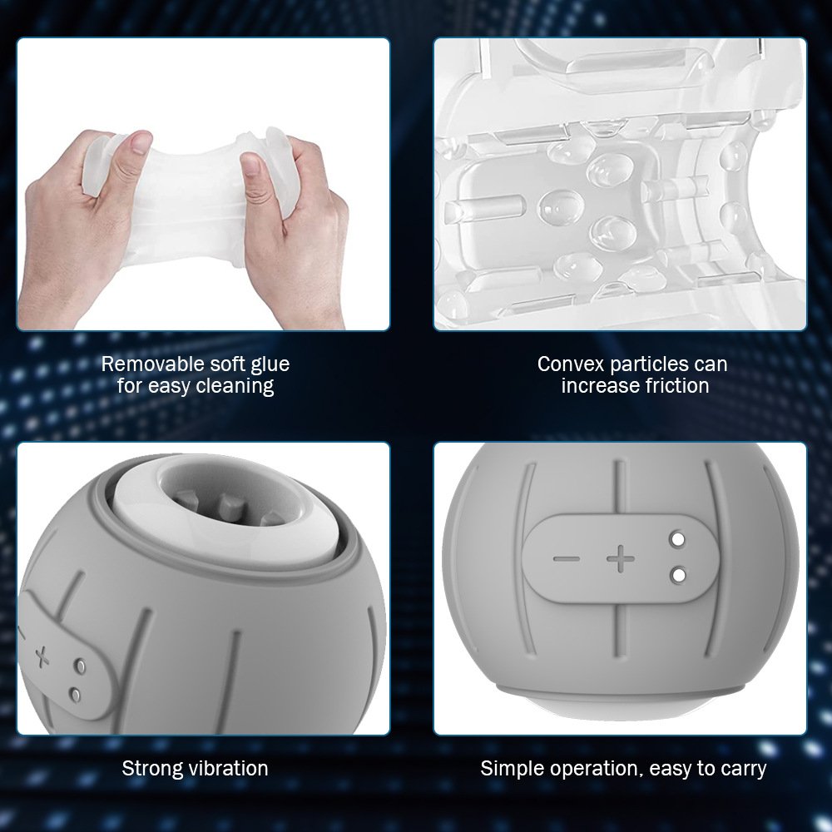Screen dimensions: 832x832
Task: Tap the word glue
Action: (x=270, y=365)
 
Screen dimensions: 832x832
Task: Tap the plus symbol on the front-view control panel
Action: (x=621, y=558)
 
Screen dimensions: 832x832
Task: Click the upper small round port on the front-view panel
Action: (x=677, y=540)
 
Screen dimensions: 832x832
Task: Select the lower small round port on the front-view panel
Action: (x=677, y=575)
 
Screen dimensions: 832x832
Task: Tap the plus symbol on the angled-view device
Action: (x=42, y=657)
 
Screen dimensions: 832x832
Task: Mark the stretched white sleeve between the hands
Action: (x=191, y=201)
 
